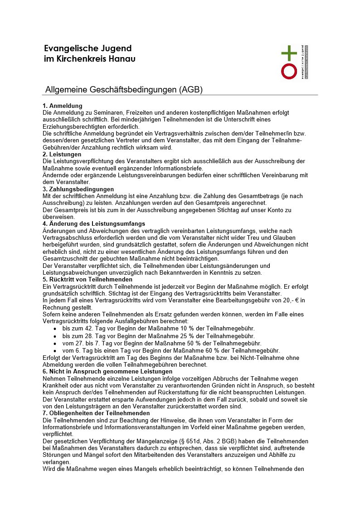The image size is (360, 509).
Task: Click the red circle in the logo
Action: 289,71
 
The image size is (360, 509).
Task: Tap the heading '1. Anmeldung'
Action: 63,106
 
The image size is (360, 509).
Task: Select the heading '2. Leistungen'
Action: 62,155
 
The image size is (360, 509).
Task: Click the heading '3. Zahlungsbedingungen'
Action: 78,189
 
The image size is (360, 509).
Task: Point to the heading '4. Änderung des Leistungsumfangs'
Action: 94,223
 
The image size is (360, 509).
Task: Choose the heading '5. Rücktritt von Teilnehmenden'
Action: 88,279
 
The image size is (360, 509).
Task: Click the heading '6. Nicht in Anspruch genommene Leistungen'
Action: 107,371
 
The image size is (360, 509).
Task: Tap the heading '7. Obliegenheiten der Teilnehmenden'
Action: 96,413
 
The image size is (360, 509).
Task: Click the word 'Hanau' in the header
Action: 122,59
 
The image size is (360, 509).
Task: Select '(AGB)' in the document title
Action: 191,90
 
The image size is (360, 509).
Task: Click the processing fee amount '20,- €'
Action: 292,300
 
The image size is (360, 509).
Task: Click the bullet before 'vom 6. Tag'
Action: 55,351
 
